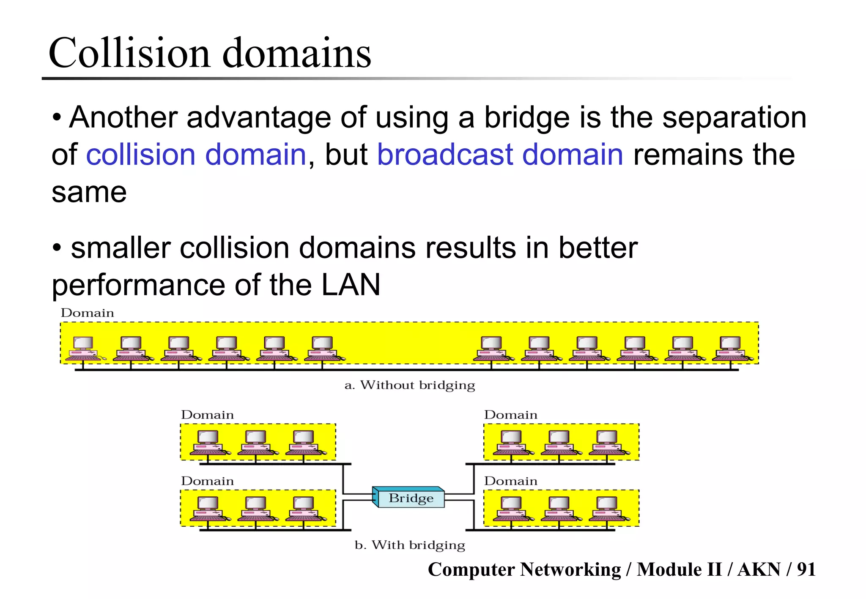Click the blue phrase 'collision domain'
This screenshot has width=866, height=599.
click(196, 155)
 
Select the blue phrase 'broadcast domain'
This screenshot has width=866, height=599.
click(500, 155)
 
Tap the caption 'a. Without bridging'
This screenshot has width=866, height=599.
click(409, 385)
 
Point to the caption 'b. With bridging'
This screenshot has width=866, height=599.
click(409, 545)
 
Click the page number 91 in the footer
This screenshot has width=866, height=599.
click(806, 569)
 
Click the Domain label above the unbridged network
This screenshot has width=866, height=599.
click(87, 313)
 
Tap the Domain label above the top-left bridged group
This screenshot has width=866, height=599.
click(207, 415)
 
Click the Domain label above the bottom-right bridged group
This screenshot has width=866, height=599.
click(510, 481)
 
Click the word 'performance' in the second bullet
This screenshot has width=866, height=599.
click(138, 286)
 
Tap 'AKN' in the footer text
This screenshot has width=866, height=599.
click(759, 569)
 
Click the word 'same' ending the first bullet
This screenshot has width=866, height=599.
click(89, 193)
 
